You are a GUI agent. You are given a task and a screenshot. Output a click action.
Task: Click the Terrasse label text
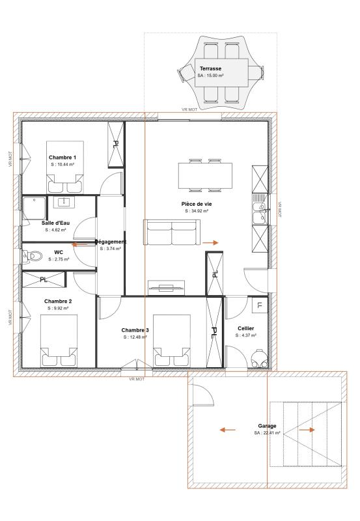pos(210,68)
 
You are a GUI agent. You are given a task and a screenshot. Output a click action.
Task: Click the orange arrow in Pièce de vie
pos(210,242)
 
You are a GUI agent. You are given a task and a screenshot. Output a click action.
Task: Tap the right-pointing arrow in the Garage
pos(307,430)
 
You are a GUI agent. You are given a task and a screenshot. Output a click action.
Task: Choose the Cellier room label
pos(246,328)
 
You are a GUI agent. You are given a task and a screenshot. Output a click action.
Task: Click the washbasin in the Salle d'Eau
pos(64,203)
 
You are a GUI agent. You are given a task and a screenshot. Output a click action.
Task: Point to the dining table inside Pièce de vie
pos(205,174)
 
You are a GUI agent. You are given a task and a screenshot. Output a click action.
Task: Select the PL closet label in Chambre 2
pos(44,280)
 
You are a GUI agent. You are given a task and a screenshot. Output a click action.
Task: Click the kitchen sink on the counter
pos(259,209)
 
